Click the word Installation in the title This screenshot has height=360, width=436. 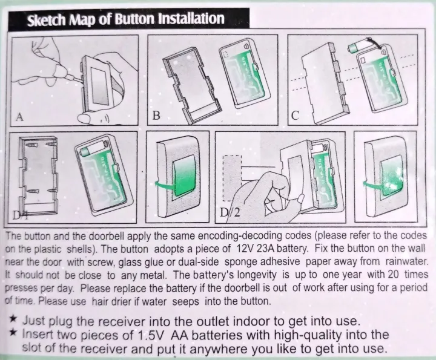click(191, 19)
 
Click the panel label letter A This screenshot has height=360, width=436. click(19, 117)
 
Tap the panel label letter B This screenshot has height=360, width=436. click(156, 115)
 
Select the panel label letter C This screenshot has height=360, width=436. click(296, 116)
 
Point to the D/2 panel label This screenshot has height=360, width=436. click(230, 212)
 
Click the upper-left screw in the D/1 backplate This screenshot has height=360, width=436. click(31, 145)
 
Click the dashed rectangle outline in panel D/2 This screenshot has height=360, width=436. click(232, 178)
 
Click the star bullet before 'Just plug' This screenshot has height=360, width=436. click(13, 319)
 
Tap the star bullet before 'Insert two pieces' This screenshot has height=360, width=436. click(13, 332)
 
